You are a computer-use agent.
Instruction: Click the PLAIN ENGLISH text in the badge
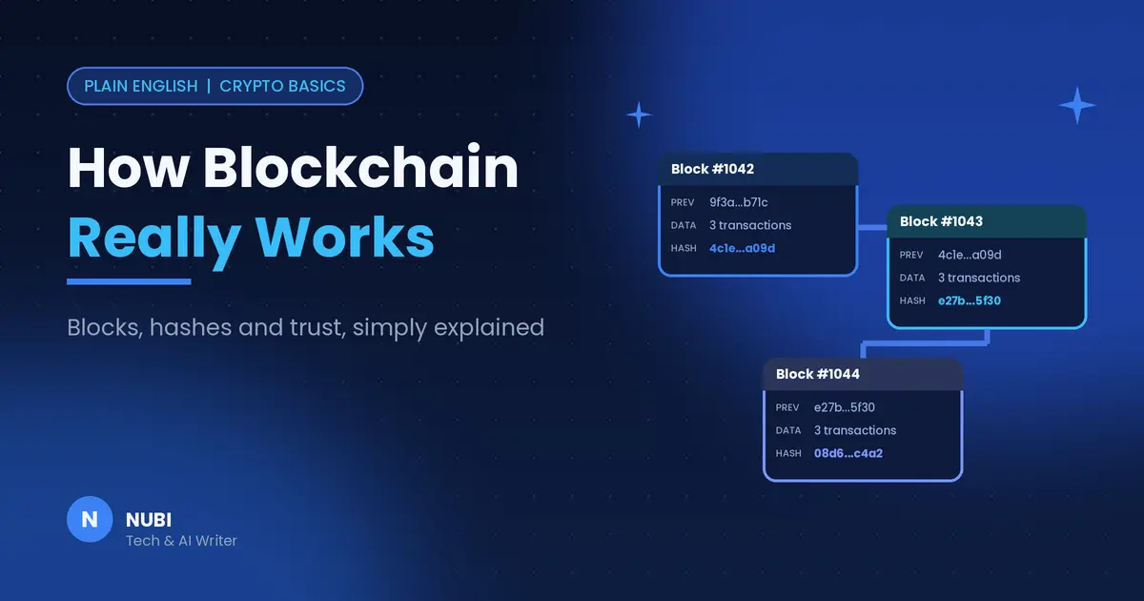pos(141,86)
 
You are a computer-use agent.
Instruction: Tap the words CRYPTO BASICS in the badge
pos(282,86)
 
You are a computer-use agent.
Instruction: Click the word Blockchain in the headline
pos(360,167)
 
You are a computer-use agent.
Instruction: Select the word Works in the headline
pos(345,238)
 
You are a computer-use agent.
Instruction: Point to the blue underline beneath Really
pos(129,281)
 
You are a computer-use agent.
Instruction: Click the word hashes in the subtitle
pos(191,327)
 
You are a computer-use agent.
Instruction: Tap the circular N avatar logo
pos(90,519)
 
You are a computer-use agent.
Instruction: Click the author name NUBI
pos(149,520)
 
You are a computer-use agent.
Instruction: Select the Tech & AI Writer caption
pos(181,541)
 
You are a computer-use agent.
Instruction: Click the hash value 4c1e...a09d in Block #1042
pos(742,248)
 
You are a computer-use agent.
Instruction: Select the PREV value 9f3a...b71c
pos(739,202)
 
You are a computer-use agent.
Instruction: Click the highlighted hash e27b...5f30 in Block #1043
pos(970,300)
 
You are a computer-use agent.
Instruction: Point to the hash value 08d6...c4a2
pos(848,453)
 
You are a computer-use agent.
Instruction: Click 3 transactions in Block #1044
pos(855,430)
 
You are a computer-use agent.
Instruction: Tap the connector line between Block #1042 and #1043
pos(872,227)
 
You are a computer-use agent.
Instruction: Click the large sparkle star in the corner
pos(1077,105)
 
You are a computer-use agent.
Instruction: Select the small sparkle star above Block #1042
pos(639,114)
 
